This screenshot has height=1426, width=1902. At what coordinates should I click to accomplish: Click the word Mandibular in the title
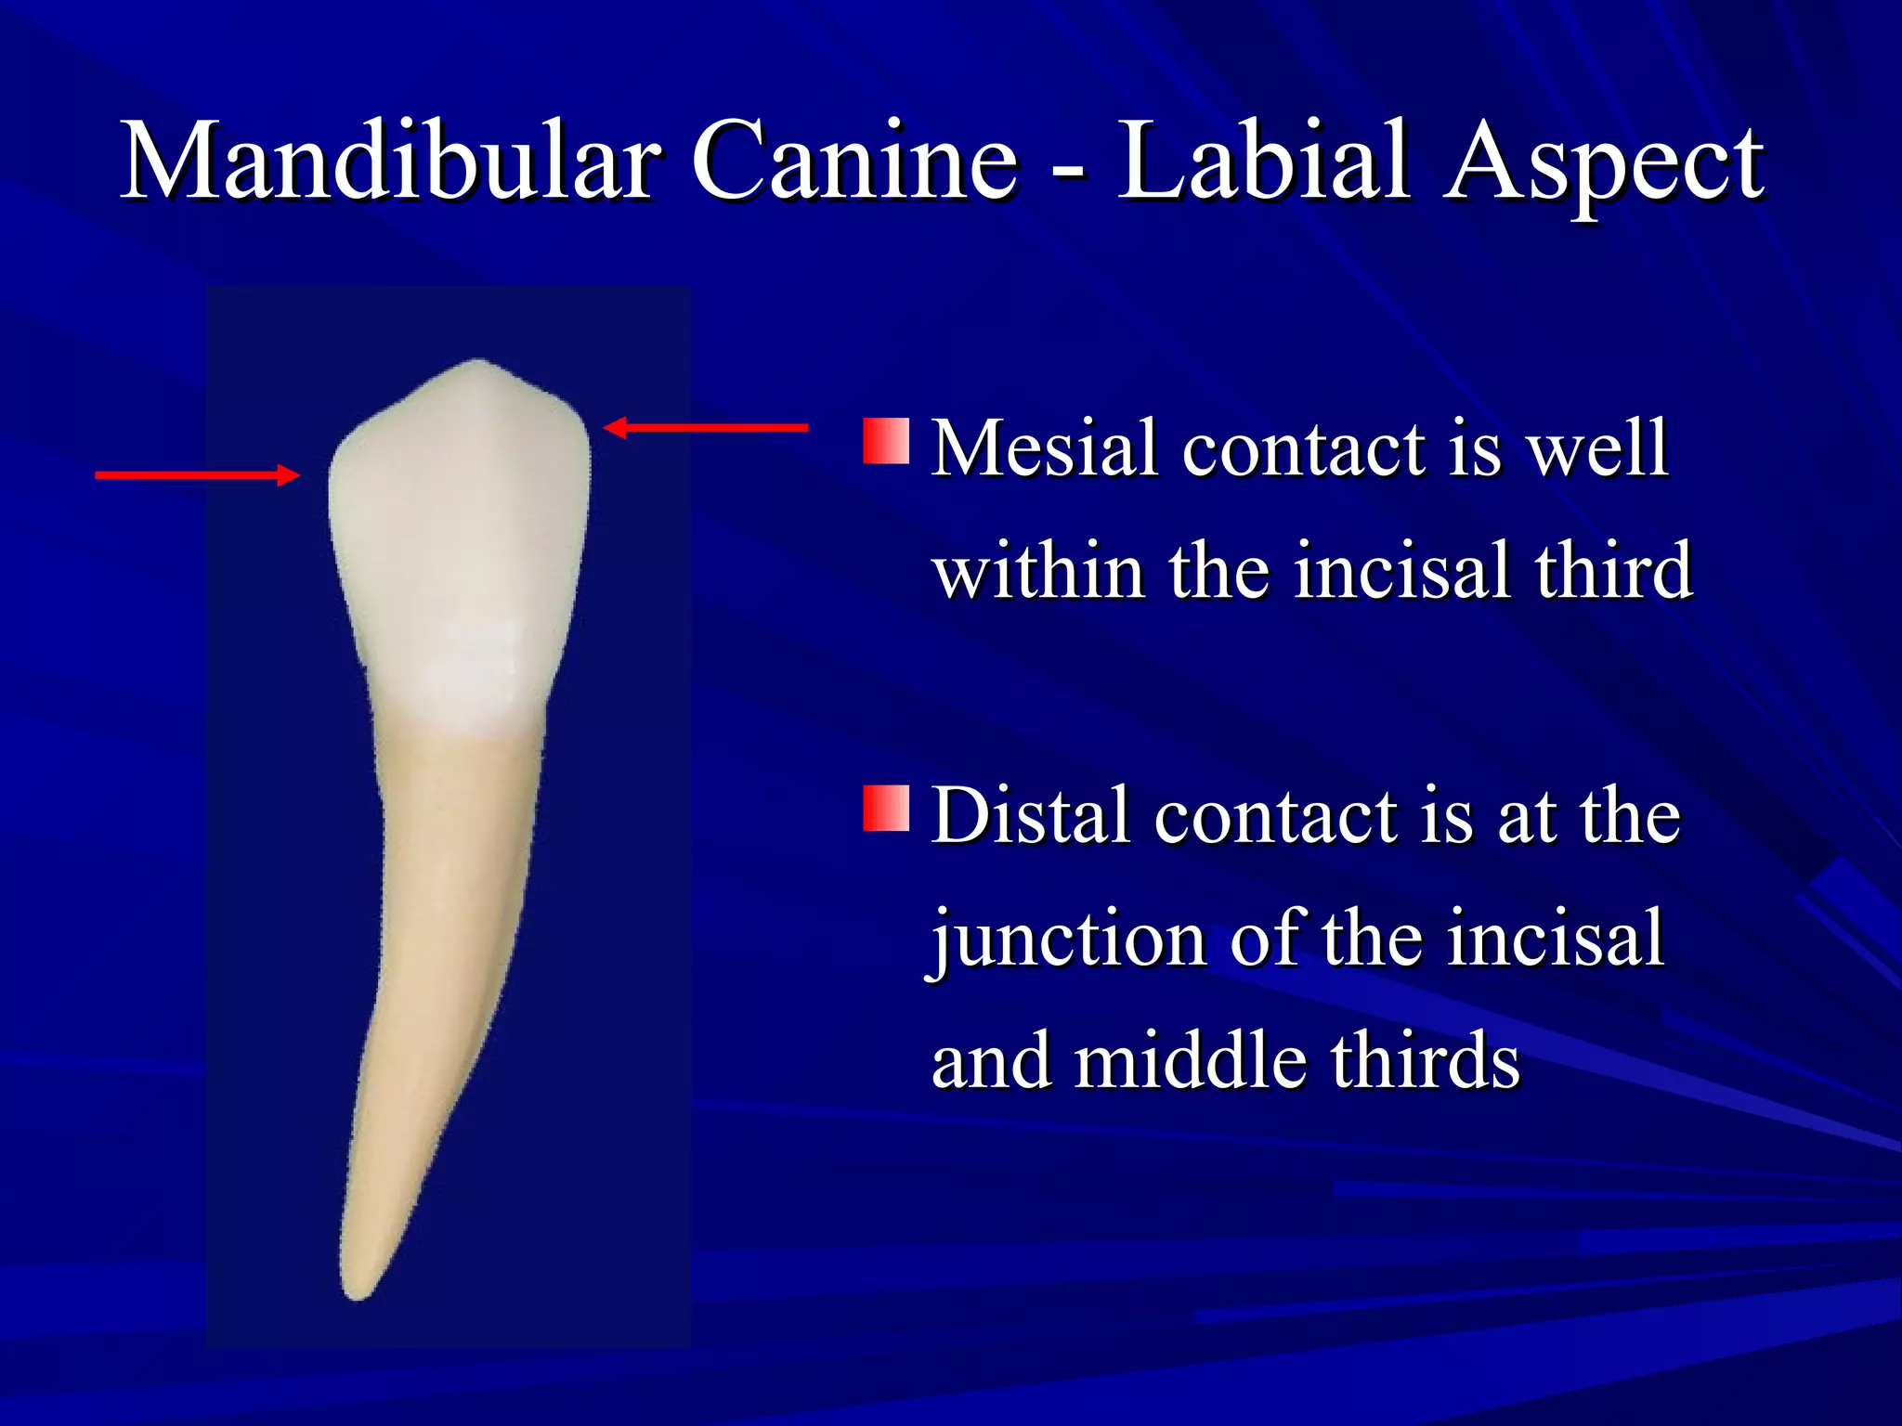pos(390,162)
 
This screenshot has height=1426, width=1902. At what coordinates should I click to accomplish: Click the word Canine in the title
pos(855,162)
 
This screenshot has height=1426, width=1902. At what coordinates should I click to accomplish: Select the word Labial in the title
pos(1263,162)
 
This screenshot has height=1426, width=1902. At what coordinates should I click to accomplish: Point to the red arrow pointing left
pos(706,428)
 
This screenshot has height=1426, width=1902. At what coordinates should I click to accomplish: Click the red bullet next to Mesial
pos(886,442)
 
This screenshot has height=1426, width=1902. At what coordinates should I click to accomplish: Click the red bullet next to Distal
pos(886,809)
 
